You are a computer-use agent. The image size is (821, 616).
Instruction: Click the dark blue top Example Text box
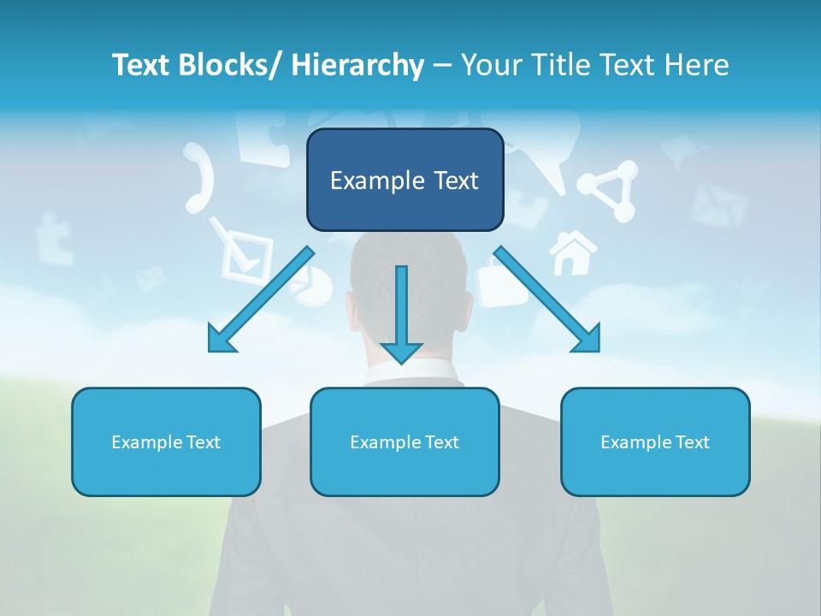pyautogui.click(x=405, y=180)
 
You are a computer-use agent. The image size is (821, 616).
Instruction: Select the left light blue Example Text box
pyautogui.click(x=166, y=441)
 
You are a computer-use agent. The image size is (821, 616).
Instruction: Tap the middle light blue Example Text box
pyautogui.click(x=405, y=441)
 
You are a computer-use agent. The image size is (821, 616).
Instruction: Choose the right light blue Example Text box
pyautogui.click(x=655, y=441)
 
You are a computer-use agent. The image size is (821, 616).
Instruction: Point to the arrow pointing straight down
pyautogui.click(x=402, y=313)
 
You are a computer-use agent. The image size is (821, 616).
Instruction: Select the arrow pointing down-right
pyautogui.click(x=547, y=299)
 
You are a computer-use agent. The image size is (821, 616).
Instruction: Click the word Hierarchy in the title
pyautogui.click(x=357, y=65)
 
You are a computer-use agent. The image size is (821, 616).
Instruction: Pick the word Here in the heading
pyautogui.click(x=696, y=65)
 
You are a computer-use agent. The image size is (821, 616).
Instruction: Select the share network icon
pyautogui.click(x=609, y=190)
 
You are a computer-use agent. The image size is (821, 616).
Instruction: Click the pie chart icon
pyautogui.click(x=311, y=286)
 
